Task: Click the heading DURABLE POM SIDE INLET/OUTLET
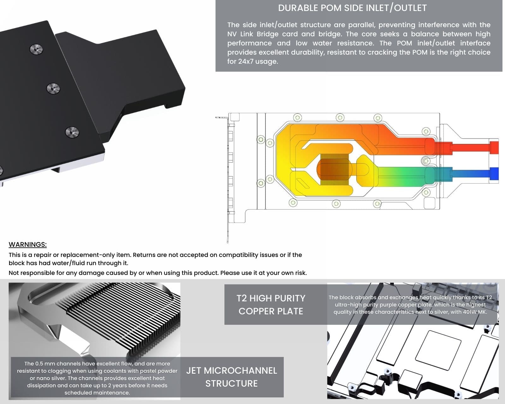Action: pyautogui.click(x=352, y=8)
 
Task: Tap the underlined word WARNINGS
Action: pyautogui.click(x=27, y=244)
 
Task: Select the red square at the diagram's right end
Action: pyautogui.click(x=494, y=147)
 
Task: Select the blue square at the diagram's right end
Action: pyautogui.click(x=494, y=174)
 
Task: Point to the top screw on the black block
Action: pyautogui.click(x=36, y=49)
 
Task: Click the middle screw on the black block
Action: pyautogui.click(x=53, y=88)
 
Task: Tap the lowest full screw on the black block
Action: pyautogui.click(x=72, y=132)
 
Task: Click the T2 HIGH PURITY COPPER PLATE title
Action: pyautogui.click(x=271, y=305)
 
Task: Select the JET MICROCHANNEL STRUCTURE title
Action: pyautogui.click(x=232, y=377)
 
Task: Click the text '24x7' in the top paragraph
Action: pyautogui.click(x=246, y=62)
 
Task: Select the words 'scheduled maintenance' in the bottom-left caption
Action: pyautogui.click(x=97, y=393)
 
